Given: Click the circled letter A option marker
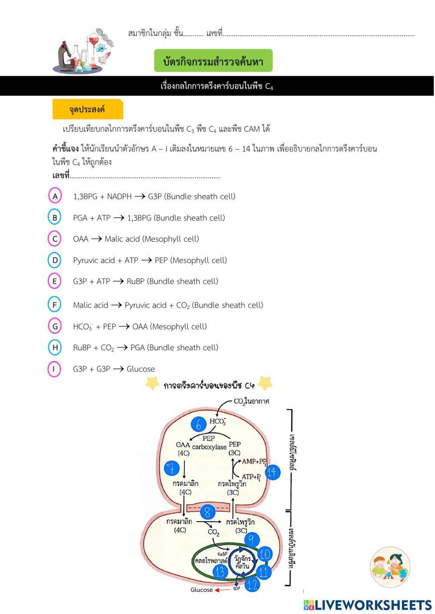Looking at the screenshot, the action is click(55, 196).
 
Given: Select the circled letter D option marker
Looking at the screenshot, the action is click(55, 260).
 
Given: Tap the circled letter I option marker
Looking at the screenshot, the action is click(54, 369).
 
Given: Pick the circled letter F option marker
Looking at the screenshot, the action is click(54, 305).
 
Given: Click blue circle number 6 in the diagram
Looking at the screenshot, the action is click(199, 425).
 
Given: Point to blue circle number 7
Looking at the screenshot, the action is click(172, 468).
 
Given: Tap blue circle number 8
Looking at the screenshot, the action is click(207, 512).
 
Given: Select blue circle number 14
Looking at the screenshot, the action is click(272, 472).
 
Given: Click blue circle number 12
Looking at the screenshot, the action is click(252, 584).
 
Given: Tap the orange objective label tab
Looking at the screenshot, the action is click(87, 110).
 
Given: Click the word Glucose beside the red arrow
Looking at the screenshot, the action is click(201, 590).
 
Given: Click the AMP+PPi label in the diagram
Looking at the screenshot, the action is click(254, 461).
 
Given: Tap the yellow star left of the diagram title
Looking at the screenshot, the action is click(152, 384).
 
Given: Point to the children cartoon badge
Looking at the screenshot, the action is click(390, 567).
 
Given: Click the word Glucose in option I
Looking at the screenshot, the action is click(141, 369).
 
